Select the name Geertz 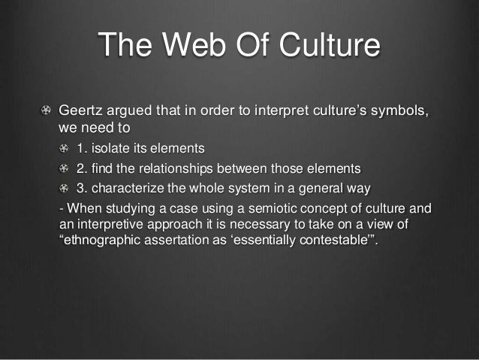(x=81, y=112)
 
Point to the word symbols (x=402, y=112)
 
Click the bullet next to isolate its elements (x=65, y=147)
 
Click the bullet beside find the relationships (x=65, y=167)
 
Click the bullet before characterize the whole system (x=65, y=187)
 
